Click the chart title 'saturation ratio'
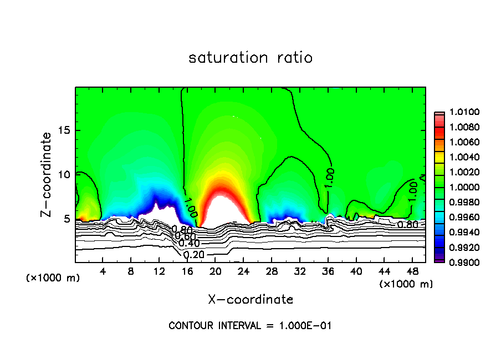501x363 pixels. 250,58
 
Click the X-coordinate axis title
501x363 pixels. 250,300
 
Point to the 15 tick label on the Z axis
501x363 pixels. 64,130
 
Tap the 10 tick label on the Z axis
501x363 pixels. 64,174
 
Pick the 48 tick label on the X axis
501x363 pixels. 412,271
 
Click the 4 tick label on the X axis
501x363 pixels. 103,271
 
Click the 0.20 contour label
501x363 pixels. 193,255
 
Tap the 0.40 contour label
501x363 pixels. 189,244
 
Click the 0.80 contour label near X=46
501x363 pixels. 407,225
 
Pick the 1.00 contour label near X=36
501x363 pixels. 329,177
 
